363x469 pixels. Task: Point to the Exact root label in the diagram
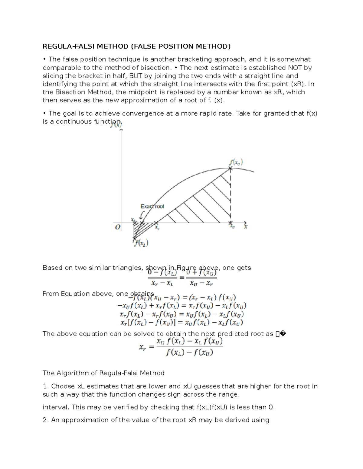[x=152, y=206]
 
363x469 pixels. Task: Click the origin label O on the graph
[x=117, y=227]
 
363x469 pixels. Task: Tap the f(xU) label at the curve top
[x=236, y=162]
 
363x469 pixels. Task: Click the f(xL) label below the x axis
[x=142, y=243]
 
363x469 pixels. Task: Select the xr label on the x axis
[x=157, y=227]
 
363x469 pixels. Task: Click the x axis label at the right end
[x=246, y=226]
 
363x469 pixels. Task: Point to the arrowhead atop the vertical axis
[x=121, y=130]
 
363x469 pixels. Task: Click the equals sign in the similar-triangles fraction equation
[x=182, y=278]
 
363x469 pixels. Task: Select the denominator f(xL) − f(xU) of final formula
[x=189, y=352]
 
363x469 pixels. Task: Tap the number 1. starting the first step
[x=46, y=386]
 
